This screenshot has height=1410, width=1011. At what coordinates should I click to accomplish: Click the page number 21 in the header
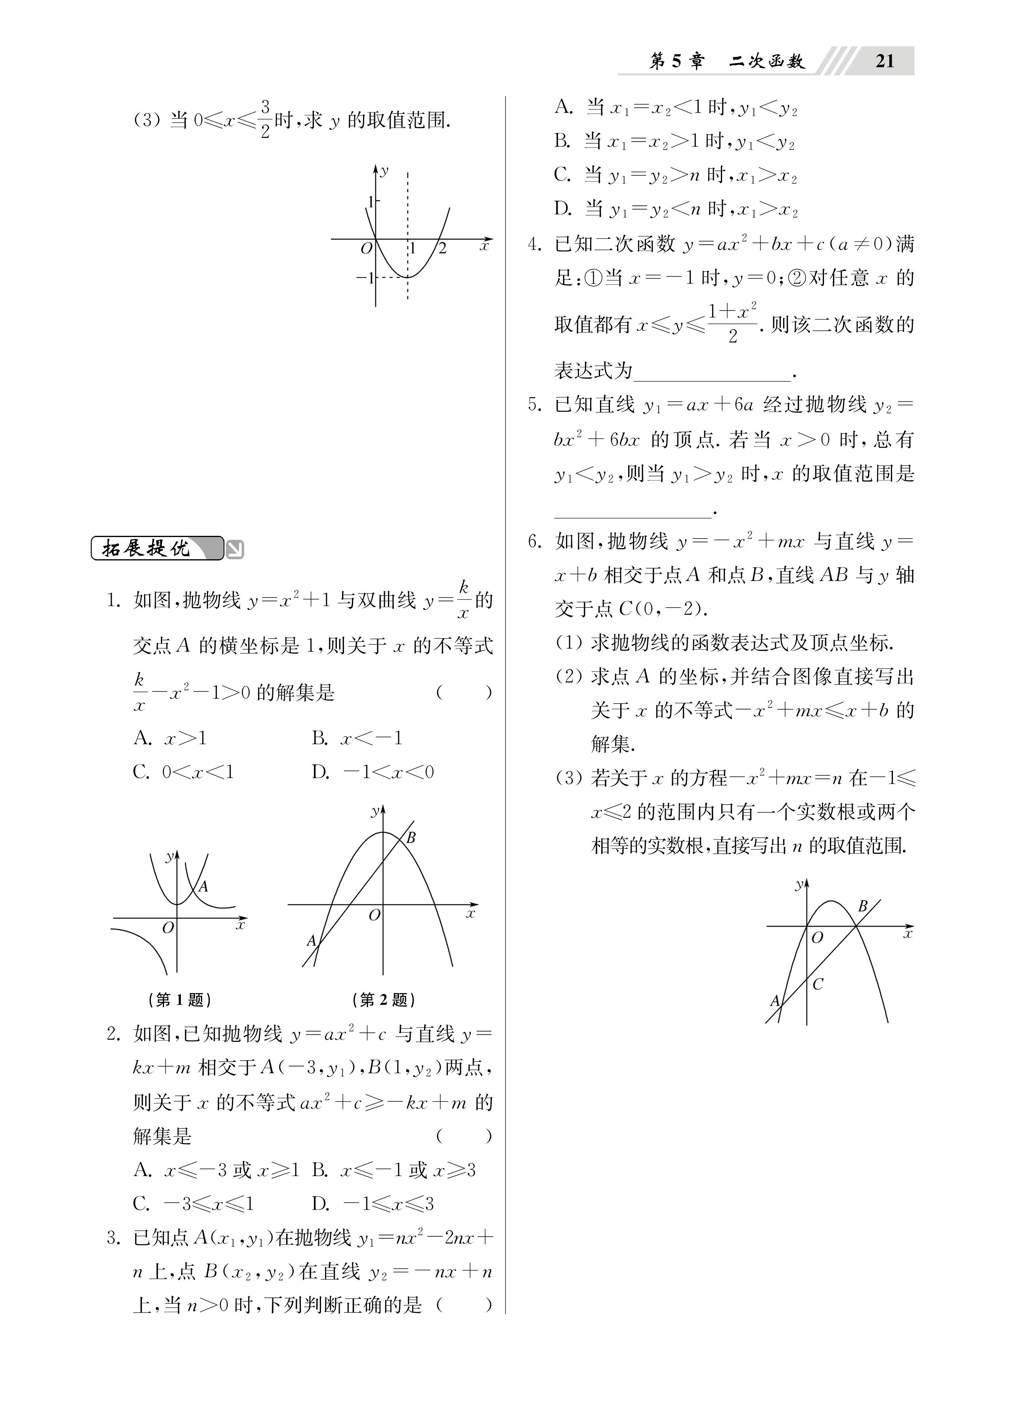pyautogui.click(x=884, y=61)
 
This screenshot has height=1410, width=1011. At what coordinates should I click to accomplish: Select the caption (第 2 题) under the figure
pyautogui.click(x=383, y=999)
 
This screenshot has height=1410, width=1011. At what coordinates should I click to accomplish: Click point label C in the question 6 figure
pyautogui.click(x=818, y=984)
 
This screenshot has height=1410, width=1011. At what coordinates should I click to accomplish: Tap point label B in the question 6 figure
pyautogui.click(x=862, y=906)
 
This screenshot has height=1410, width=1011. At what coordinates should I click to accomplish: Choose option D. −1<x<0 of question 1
pyautogui.click(x=373, y=772)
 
